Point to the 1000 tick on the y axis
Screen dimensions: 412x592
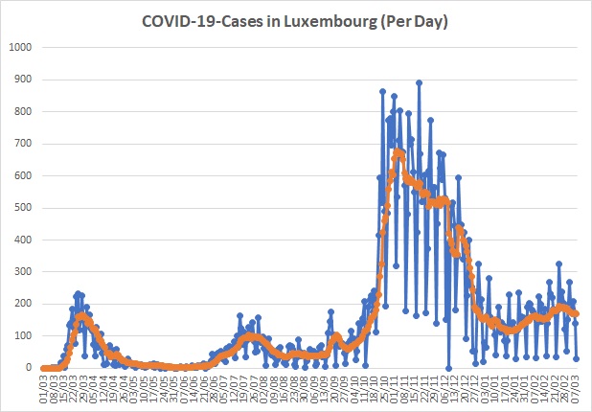point(21,47)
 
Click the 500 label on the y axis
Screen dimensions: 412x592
point(24,208)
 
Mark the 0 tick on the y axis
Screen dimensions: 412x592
point(30,368)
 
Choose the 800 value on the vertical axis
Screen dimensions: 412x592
point(24,111)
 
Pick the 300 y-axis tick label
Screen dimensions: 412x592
point(24,272)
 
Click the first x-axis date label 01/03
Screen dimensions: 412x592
point(44,388)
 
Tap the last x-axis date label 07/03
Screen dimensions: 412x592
point(576,388)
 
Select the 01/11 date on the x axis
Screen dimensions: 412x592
point(395,388)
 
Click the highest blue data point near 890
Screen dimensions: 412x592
point(419,82)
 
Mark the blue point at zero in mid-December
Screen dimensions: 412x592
point(448,368)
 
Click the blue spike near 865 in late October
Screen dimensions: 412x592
point(382,91)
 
